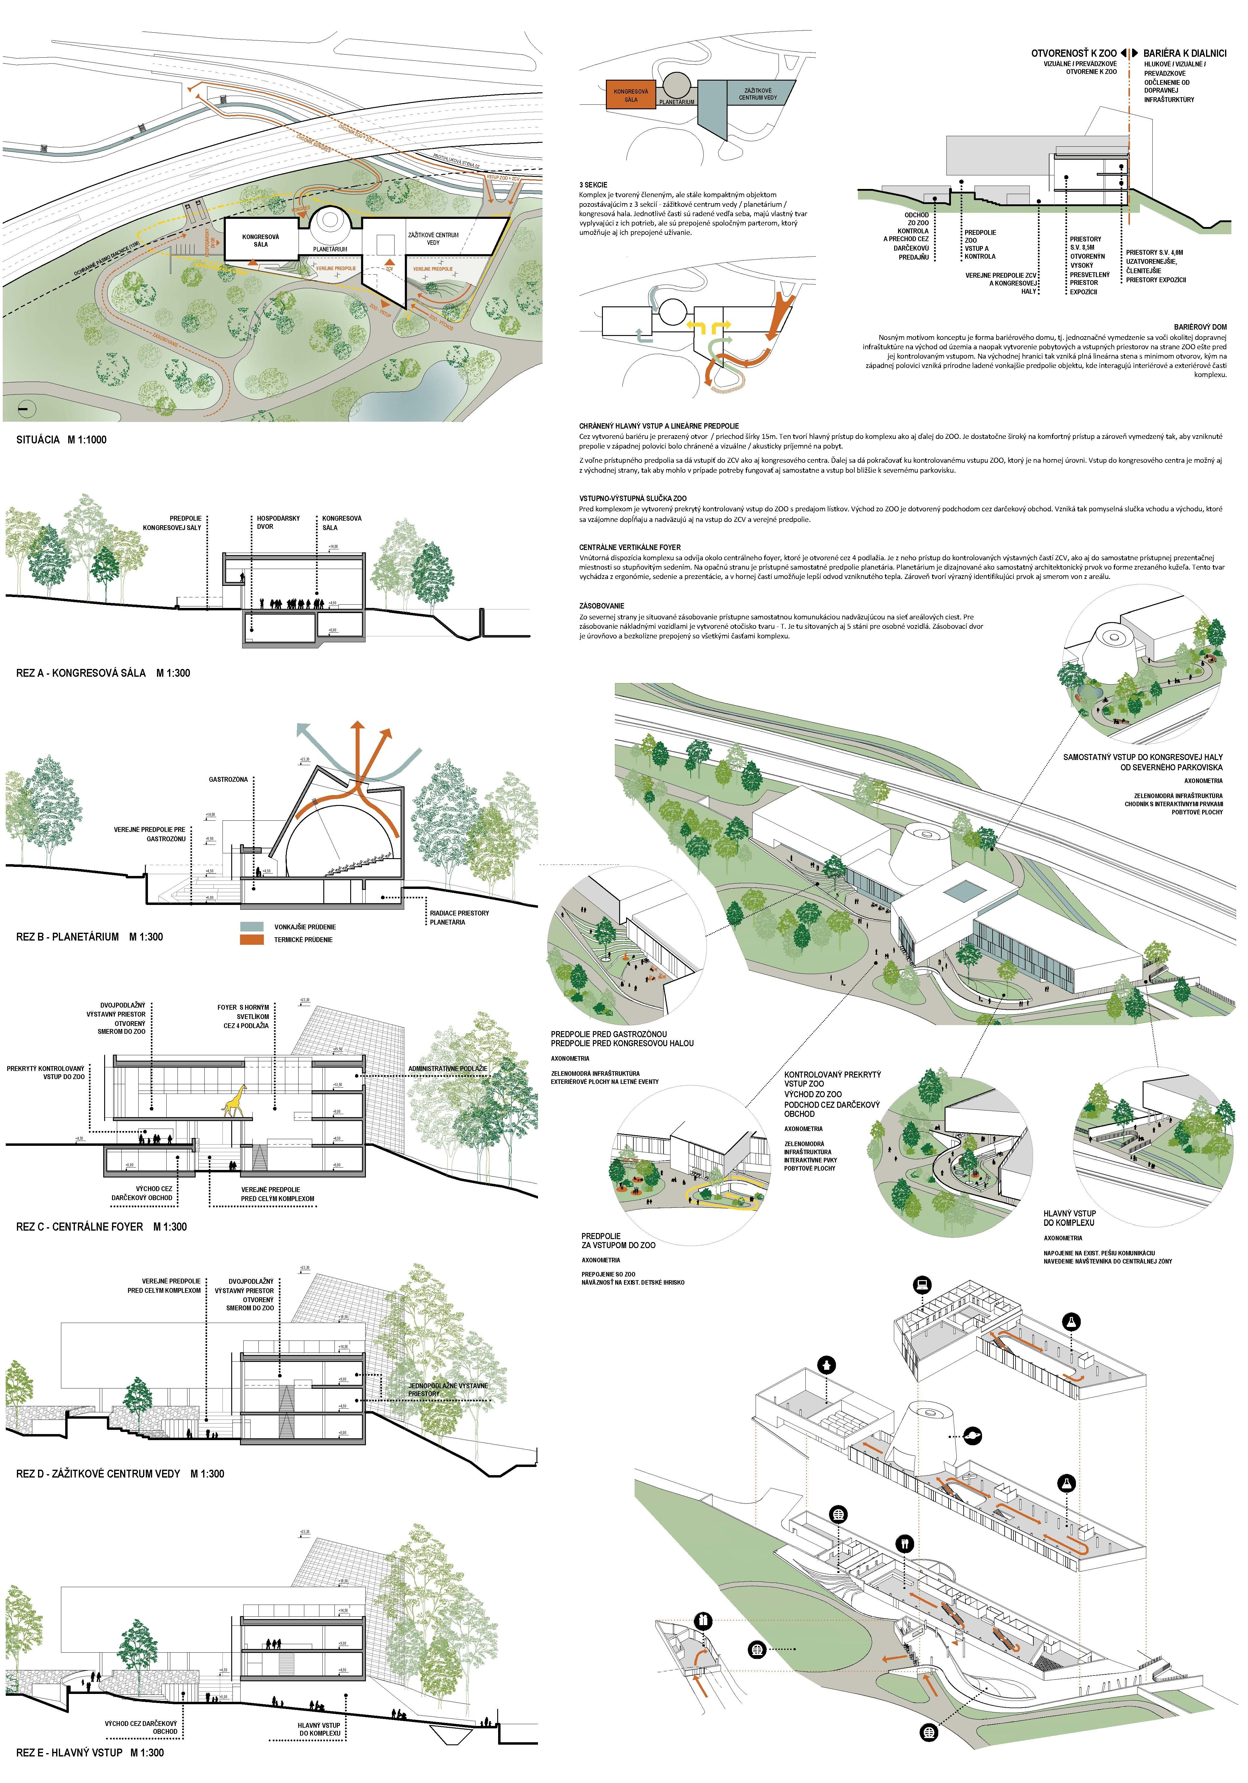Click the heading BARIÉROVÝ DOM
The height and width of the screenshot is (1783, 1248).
click(1200, 327)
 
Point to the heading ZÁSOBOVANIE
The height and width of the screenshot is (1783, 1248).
click(601, 606)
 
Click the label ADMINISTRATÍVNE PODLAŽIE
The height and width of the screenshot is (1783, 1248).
click(447, 1069)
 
